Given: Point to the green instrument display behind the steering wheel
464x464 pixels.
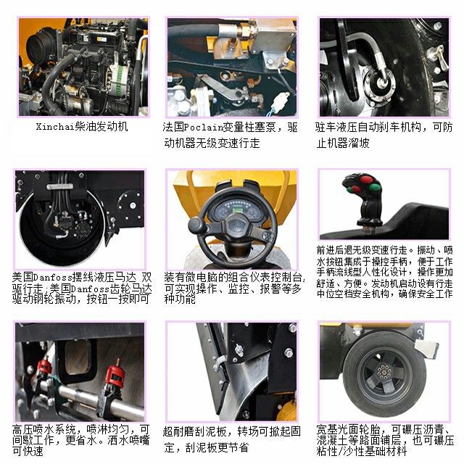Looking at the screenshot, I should pyautogui.click(x=231, y=205).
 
